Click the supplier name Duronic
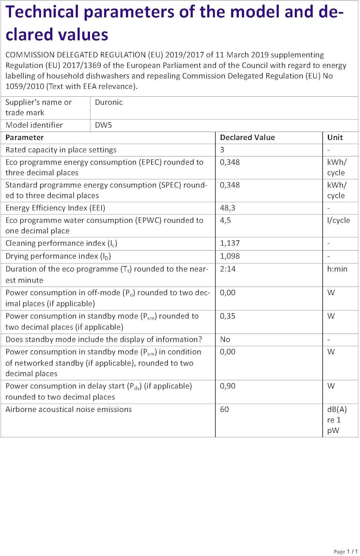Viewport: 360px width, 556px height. (x=109, y=102)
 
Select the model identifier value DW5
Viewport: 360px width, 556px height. (x=103, y=125)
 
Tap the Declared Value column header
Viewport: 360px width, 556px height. (x=247, y=138)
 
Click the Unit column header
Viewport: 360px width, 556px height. (x=335, y=138)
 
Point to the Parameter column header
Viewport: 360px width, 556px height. (x=24, y=138)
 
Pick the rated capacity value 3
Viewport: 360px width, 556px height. (x=222, y=150)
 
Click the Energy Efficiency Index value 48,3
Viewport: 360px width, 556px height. (x=227, y=208)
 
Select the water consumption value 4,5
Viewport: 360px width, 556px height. (x=225, y=220)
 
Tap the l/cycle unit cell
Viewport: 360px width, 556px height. (x=338, y=220)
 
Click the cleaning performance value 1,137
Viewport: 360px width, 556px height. (x=230, y=243)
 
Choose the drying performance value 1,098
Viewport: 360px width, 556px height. (x=230, y=256)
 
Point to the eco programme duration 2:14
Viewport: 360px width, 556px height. (x=228, y=269)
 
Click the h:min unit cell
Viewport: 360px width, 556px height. (x=337, y=269)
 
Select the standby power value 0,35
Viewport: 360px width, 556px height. (x=228, y=316)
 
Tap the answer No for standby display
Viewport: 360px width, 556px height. (x=225, y=340)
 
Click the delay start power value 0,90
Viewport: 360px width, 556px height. (x=228, y=386)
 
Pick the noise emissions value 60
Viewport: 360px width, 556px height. (x=224, y=410)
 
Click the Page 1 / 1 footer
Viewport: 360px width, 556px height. (x=346, y=552)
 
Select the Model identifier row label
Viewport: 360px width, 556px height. (x=34, y=125)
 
